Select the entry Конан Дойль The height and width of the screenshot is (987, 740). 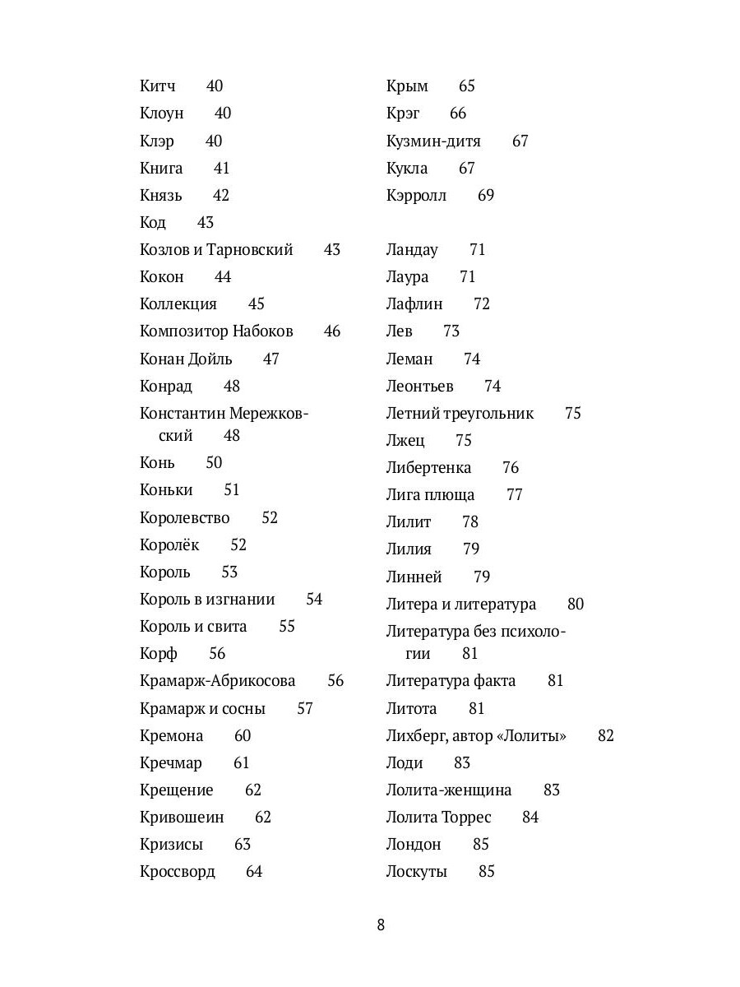pyautogui.click(x=186, y=359)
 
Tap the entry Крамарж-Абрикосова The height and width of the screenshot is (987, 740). pyautogui.click(x=217, y=681)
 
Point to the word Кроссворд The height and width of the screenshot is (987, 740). pyautogui.click(x=178, y=872)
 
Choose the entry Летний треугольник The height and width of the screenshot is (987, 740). pyautogui.click(x=460, y=414)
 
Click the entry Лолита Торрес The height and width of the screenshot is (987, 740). pyautogui.click(x=438, y=818)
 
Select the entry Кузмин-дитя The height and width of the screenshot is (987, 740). pyautogui.click(x=433, y=141)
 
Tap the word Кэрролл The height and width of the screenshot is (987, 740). pyautogui.click(x=416, y=196)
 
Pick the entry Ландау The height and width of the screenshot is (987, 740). pyautogui.click(x=412, y=250)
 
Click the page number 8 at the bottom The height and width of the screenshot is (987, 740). pyautogui.click(x=381, y=924)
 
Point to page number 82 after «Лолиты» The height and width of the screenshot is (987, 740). pyautogui.click(x=606, y=736)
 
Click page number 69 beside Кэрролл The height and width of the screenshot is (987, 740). pyautogui.click(x=486, y=196)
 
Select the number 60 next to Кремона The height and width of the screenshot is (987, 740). pyautogui.click(x=243, y=736)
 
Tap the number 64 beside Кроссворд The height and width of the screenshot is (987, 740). pyautogui.click(x=254, y=872)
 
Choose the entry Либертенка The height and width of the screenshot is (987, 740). pyautogui.click(x=428, y=468)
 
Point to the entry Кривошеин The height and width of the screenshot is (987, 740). pyautogui.click(x=182, y=818)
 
